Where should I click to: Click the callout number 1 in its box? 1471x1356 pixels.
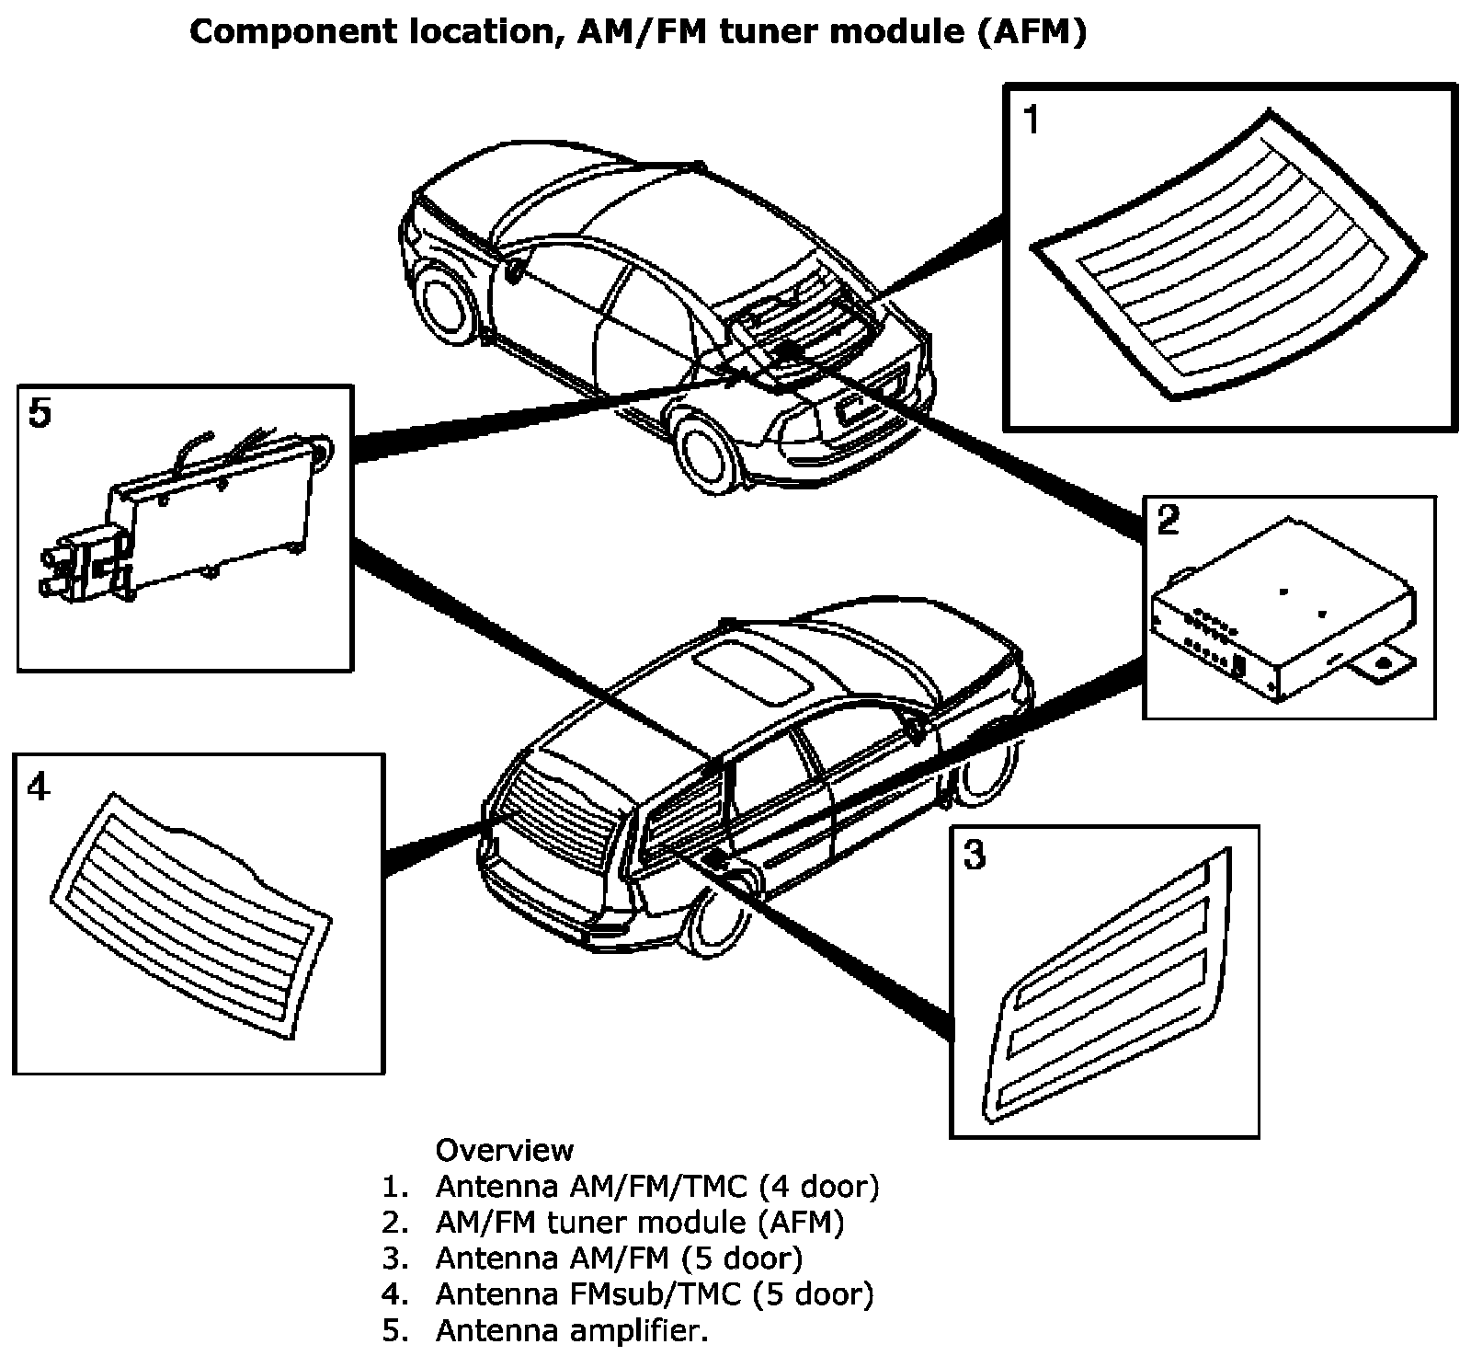pos(1032,120)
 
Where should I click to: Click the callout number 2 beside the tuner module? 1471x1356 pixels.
pos(1168,521)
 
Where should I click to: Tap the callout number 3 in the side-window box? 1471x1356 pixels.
pos(974,855)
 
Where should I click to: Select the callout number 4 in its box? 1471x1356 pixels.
pos(38,787)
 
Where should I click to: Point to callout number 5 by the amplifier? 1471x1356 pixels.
pos(40,414)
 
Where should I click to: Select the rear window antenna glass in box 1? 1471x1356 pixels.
pos(1232,258)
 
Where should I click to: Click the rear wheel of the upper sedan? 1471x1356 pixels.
pos(708,451)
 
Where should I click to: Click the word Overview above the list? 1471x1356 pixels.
pos(504,1150)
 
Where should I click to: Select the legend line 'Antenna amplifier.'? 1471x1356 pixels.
pos(572,1330)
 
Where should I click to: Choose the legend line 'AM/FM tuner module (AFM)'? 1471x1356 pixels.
pos(639,1222)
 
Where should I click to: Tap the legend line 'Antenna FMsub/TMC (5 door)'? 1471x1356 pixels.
pos(654,1293)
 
